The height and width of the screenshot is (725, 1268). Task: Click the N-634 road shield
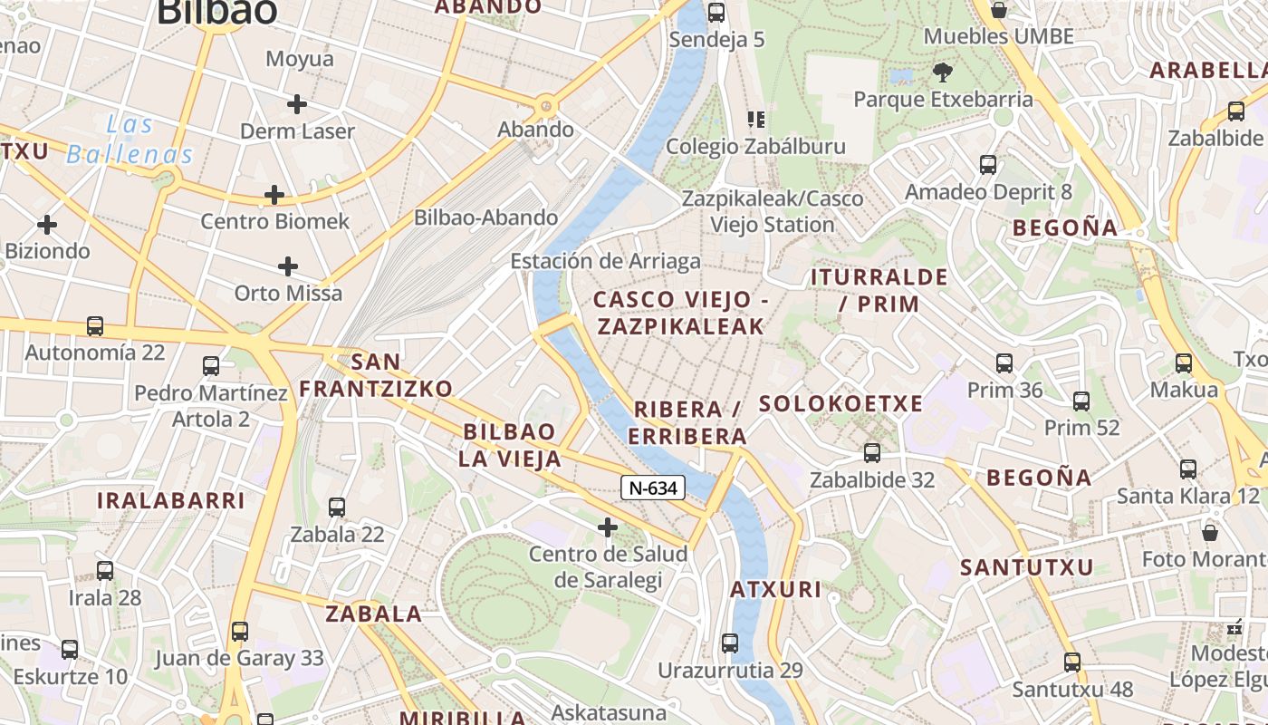click(652, 488)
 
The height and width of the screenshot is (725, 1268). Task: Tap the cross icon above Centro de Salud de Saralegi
click(608, 527)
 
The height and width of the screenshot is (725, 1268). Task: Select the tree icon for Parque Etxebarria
click(943, 72)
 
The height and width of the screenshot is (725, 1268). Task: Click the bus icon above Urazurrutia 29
click(730, 643)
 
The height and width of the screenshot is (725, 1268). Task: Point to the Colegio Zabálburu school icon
click(755, 120)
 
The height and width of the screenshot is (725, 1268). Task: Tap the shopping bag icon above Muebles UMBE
click(998, 10)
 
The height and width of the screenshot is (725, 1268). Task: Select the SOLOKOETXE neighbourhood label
click(841, 404)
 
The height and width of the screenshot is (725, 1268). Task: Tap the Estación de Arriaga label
click(605, 262)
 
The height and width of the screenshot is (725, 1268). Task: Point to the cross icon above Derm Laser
click(296, 104)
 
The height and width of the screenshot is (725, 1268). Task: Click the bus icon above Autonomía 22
click(94, 325)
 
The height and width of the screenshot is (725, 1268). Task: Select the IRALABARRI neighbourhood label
click(171, 500)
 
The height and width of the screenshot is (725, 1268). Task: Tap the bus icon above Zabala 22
click(337, 507)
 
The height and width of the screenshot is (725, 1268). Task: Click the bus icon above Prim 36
click(1004, 363)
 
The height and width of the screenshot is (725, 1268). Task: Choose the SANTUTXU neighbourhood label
click(1027, 568)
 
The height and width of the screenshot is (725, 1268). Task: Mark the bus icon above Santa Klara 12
click(1188, 469)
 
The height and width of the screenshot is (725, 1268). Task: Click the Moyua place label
click(300, 60)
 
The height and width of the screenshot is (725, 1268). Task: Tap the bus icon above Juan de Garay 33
click(239, 631)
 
